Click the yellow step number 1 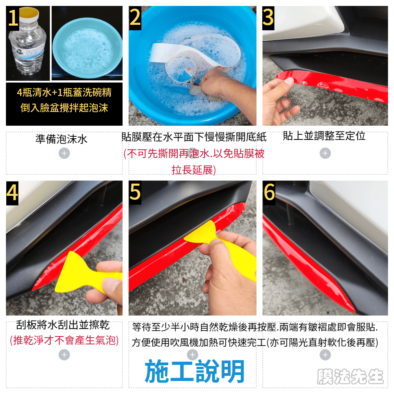[x=13, y=18]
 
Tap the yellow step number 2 [x=135, y=18]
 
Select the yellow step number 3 [x=268, y=18]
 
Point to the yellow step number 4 [x=12, y=193]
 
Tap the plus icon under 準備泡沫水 [x=64, y=153]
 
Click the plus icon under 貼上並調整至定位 [x=325, y=153]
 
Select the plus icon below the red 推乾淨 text [x=64, y=355]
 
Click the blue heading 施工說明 [x=195, y=371]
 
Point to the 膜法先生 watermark [x=350, y=376]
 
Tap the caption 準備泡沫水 [x=61, y=139]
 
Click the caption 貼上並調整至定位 [x=324, y=136]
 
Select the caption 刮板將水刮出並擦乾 [x=63, y=325]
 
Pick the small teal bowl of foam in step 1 [x=87, y=48]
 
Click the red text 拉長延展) [x=194, y=170]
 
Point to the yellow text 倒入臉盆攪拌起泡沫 [x=64, y=108]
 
